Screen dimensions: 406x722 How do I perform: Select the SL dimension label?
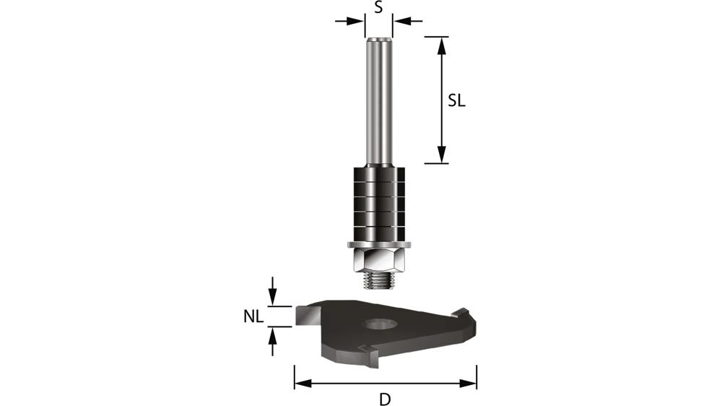click(456, 100)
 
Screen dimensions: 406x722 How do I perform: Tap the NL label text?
click(253, 316)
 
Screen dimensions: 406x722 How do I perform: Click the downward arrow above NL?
click(272, 293)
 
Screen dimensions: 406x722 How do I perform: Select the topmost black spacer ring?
click(378, 173)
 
